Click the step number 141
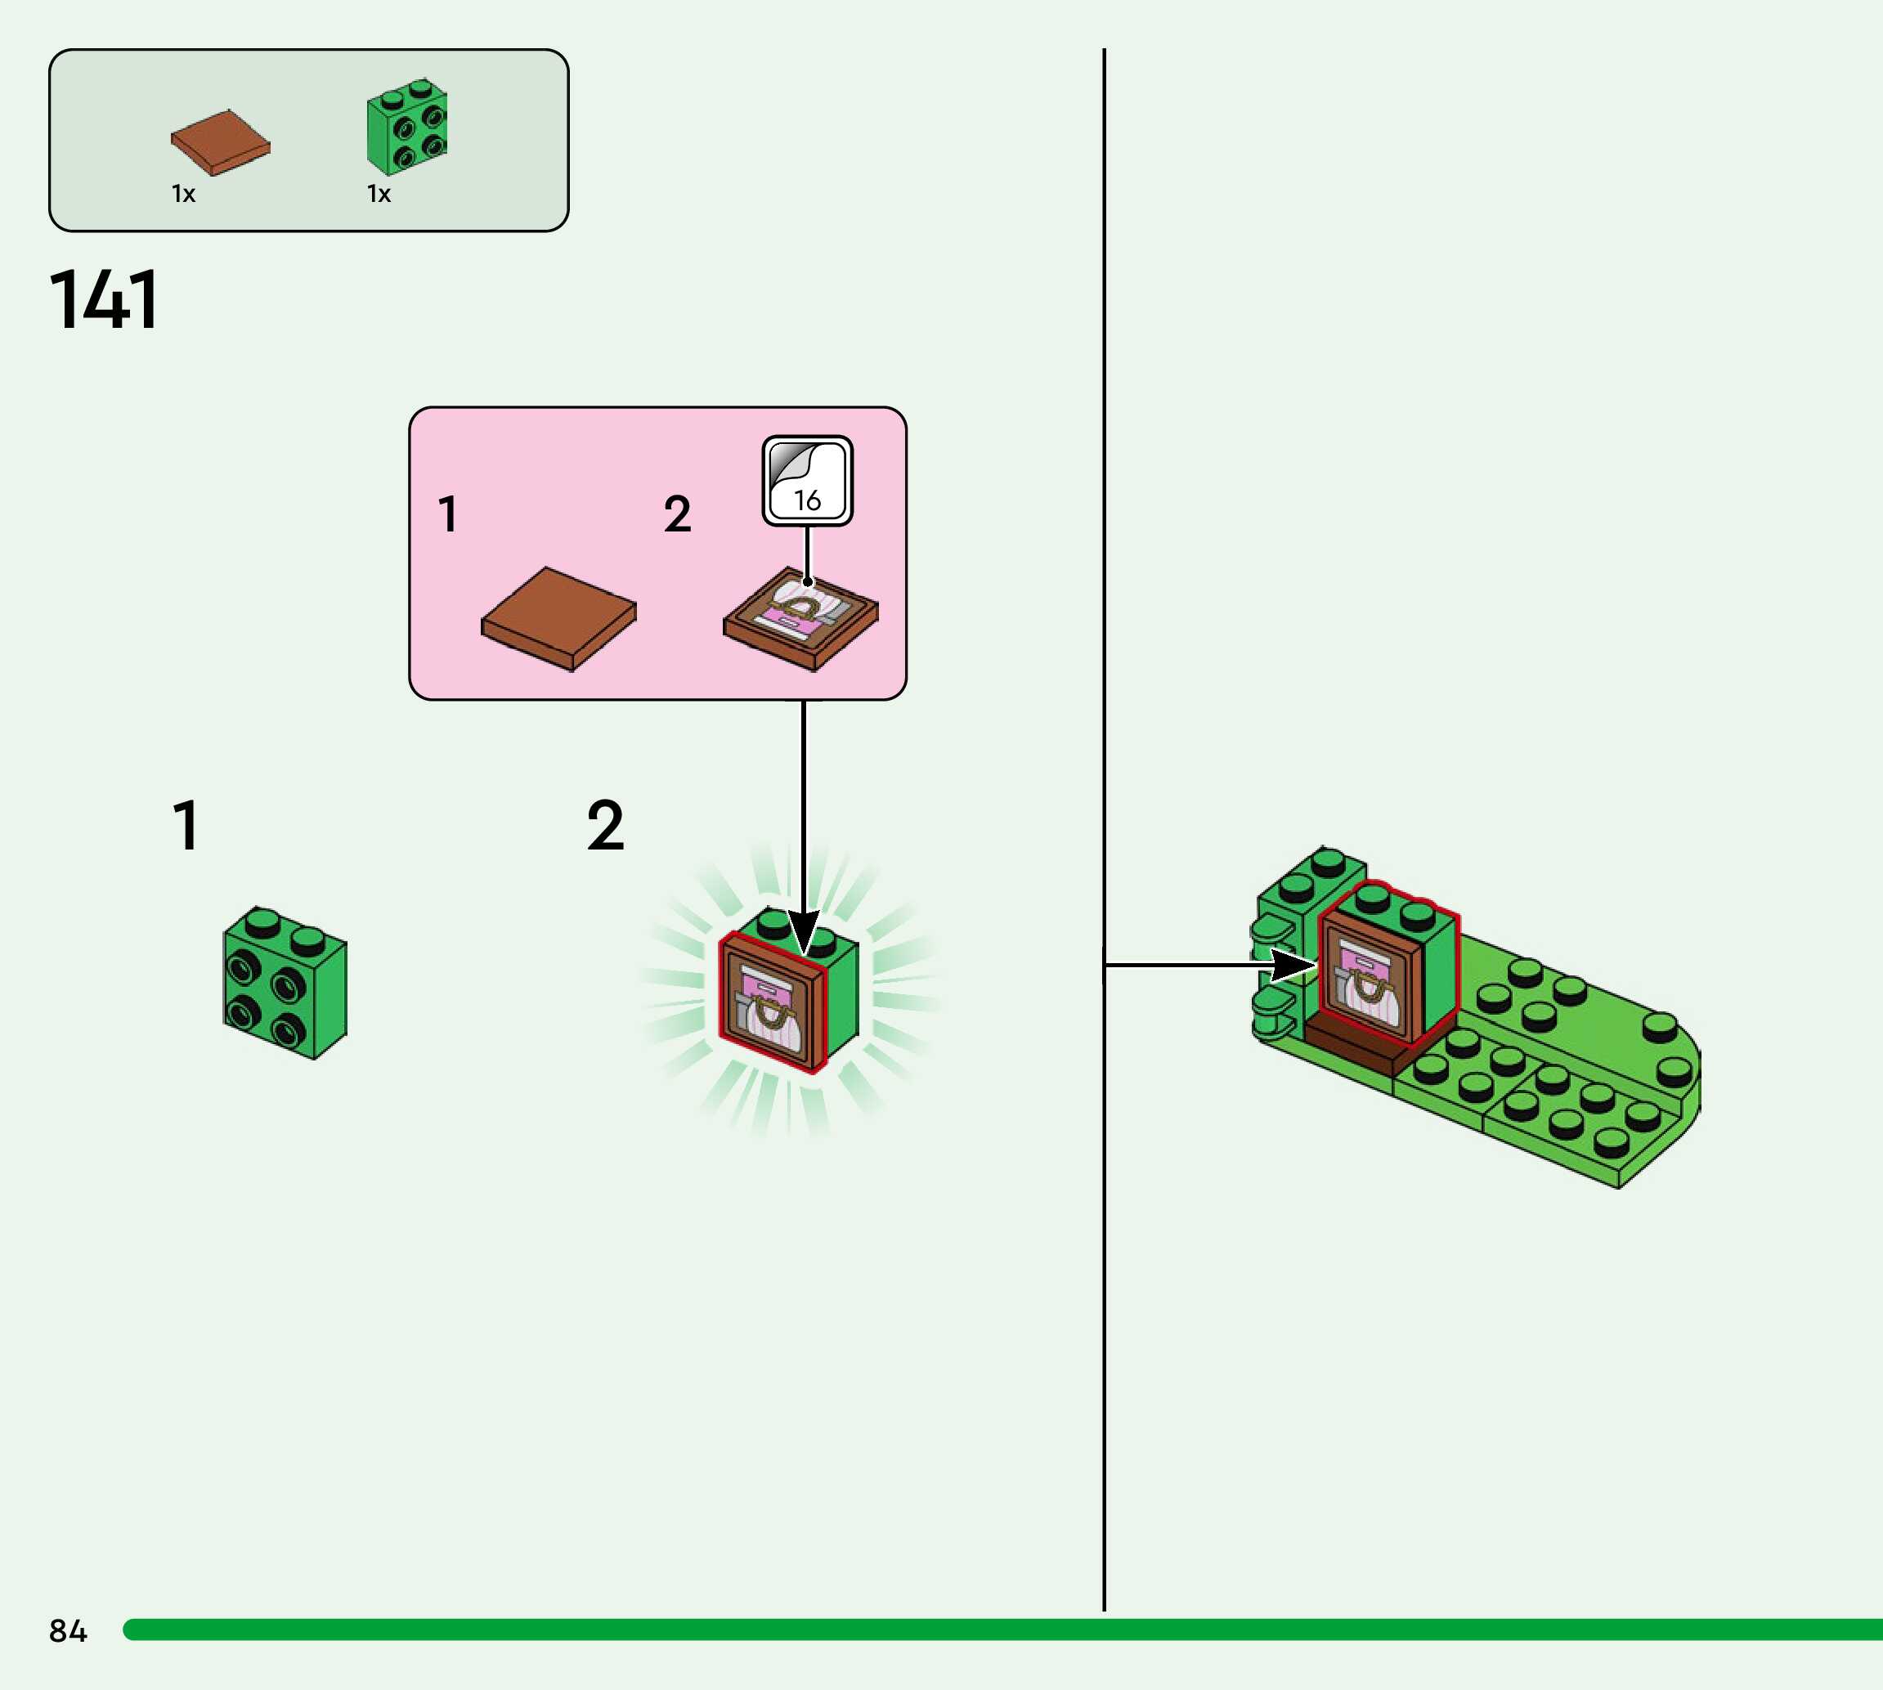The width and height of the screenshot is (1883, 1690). (103, 300)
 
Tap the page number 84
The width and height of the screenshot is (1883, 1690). (68, 1631)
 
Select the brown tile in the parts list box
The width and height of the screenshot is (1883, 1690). (220, 142)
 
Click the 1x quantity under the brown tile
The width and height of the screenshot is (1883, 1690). (183, 194)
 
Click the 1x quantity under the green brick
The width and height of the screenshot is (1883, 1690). (379, 194)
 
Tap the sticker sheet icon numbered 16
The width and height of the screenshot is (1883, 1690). (807, 481)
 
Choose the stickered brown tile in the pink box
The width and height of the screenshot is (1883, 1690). (800, 616)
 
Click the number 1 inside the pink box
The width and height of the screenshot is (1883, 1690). (448, 514)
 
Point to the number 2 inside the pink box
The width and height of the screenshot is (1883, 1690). (678, 514)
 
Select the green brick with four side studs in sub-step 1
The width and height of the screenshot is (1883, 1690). (284, 983)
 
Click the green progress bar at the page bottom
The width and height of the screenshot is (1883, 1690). (1002, 1629)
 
